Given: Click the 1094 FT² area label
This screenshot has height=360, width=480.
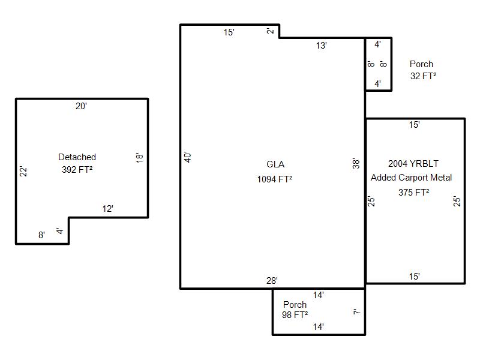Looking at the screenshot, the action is [275, 179].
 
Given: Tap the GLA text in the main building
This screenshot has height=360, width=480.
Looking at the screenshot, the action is [275, 164].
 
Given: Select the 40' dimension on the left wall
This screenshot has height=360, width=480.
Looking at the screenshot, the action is [188, 157].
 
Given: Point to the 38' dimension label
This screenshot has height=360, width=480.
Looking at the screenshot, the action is [356, 163].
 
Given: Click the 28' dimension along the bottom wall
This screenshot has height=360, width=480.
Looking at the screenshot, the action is [272, 280].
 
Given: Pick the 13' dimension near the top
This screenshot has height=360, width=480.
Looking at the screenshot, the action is [321, 46].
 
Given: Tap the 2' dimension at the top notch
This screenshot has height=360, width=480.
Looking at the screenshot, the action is [270, 31].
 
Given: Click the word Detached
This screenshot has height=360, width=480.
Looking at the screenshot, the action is [77, 157].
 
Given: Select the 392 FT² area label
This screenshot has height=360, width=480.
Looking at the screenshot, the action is [77, 170].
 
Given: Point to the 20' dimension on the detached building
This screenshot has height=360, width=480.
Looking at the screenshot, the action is [81, 106].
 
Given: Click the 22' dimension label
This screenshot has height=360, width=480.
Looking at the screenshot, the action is [23, 172].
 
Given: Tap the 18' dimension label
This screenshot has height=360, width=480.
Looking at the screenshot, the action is [140, 158].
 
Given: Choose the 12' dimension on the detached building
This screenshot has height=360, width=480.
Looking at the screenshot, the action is [108, 209].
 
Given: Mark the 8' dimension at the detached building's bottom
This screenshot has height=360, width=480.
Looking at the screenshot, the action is [41, 235].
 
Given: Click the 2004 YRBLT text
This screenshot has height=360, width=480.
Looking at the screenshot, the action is [413, 164].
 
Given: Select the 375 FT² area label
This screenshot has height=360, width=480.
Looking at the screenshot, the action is [413, 192].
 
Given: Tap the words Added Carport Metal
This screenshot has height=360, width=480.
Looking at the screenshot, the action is [411, 178].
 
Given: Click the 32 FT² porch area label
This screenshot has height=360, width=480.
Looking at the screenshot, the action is [423, 76].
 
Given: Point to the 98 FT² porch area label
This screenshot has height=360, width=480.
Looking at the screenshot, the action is [295, 314].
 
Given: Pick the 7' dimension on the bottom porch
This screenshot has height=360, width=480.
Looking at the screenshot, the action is [356, 312].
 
